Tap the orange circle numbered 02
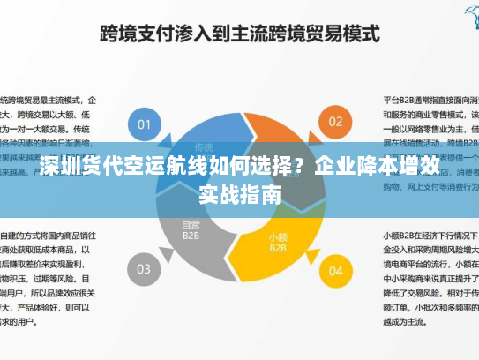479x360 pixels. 335,122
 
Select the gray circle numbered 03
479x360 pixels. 145,268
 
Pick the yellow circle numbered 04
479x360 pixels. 335,271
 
